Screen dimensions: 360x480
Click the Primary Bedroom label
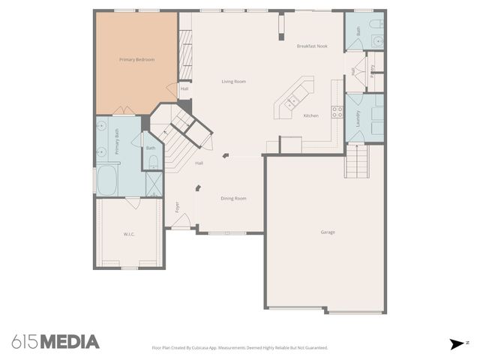point(136,59)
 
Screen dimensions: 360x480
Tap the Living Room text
point(233,82)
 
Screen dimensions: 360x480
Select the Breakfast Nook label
point(312,46)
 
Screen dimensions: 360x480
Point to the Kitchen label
point(311,115)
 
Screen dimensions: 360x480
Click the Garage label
point(328,232)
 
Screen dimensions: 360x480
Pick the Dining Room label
point(233,198)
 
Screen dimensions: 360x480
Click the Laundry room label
point(358,118)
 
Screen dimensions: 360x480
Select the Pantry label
point(373,69)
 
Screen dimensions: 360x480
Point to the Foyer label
point(177,206)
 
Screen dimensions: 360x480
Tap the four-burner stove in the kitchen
point(337,112)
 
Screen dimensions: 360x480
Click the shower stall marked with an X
point(153,183)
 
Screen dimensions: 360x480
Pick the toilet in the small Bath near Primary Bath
point(152,159)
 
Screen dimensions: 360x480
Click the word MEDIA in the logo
point(69,342)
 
